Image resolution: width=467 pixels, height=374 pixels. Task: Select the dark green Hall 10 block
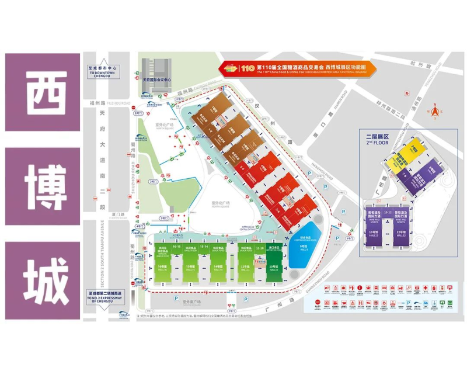[x=273, y=266]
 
